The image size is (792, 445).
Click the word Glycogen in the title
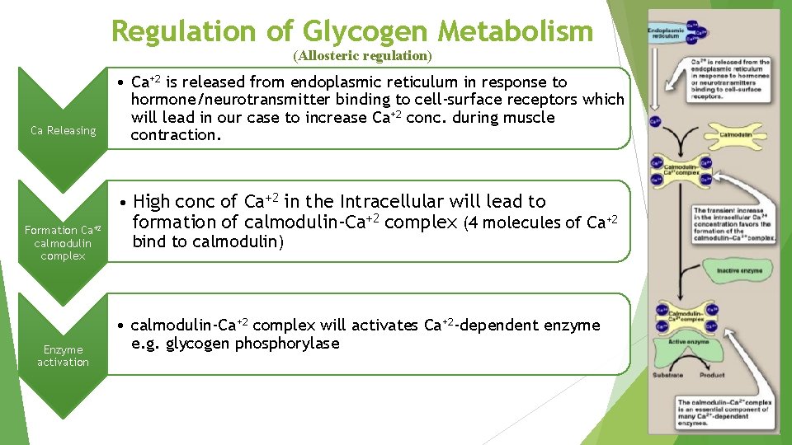(365, 31)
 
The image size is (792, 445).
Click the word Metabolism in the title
(516, 31)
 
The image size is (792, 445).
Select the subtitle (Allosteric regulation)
(362, 56)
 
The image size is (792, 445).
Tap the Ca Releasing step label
(63, 130)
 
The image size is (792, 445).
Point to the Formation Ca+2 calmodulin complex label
(63, 242)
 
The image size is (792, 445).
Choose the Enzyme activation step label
(63, 356)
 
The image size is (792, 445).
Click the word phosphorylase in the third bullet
(287, 344)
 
